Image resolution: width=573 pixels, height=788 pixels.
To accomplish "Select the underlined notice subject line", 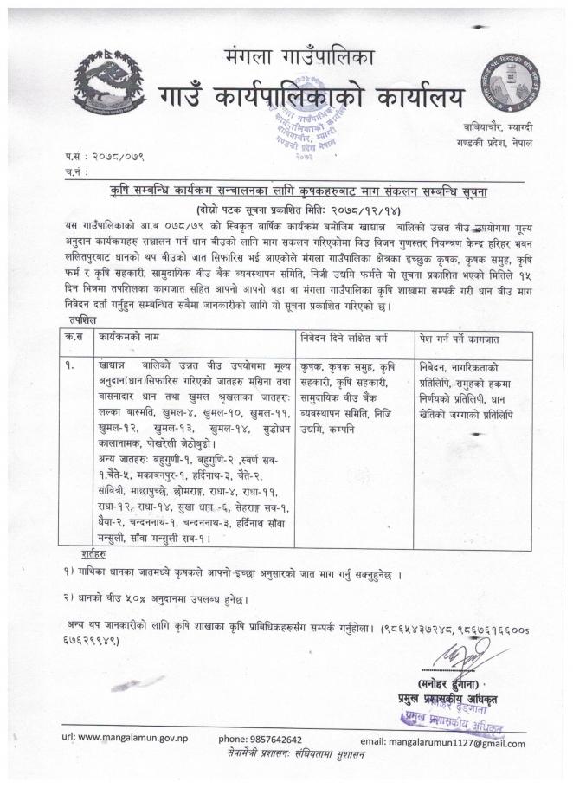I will pyautogui.click(x=310, y=188).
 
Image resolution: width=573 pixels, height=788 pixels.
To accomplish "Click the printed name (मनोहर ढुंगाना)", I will pyautogui.click(x=458, y=682).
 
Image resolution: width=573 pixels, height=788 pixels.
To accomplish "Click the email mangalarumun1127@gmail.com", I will pyautogui.click(x=455, y=742).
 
